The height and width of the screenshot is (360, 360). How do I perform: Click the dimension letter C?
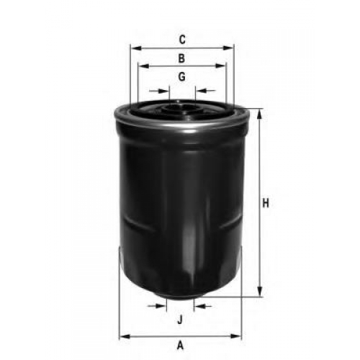[182, 40]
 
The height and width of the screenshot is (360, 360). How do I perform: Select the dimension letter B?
[181, 58]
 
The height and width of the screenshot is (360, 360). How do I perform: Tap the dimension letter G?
[182, 77]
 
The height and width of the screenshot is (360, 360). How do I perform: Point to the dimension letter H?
[266, 203]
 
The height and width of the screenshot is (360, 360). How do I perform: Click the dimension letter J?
[180, 320]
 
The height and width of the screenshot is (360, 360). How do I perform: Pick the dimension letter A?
[180, 346]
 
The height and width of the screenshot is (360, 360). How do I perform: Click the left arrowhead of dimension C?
[136, 48]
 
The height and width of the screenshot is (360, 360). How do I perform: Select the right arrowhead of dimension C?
[228, 48]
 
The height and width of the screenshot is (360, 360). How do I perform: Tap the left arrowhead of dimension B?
[144, 66]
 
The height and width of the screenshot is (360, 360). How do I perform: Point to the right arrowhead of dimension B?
[220, 66]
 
